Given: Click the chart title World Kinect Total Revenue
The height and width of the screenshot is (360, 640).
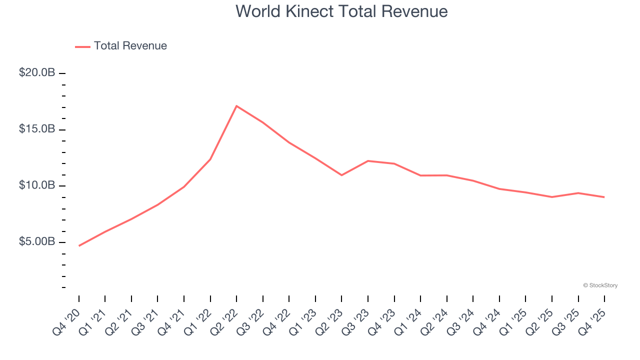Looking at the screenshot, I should (341, 11).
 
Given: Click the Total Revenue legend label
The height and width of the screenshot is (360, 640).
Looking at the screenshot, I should (130, 46).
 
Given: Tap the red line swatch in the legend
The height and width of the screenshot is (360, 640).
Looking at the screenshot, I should (82, 46).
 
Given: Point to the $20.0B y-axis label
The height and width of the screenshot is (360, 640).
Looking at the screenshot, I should (37, 73).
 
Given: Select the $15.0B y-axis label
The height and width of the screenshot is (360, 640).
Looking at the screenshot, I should (37, 129).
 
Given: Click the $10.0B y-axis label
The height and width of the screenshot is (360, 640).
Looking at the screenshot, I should (37, 185).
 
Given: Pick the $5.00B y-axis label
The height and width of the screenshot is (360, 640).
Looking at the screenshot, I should (37, 242).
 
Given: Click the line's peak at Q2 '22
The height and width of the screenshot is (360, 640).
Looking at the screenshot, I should (236, 106).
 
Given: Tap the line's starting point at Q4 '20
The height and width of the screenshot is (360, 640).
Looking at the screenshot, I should (79, 246).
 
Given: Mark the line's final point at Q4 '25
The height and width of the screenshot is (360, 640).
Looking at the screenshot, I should (604, 197).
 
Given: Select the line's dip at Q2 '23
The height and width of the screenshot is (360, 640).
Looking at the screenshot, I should (341, 175).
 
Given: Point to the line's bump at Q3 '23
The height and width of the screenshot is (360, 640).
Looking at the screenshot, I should (368, 161).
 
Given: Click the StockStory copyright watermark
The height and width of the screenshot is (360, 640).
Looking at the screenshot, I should (600, 285).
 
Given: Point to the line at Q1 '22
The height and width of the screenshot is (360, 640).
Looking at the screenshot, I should (210, 159).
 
